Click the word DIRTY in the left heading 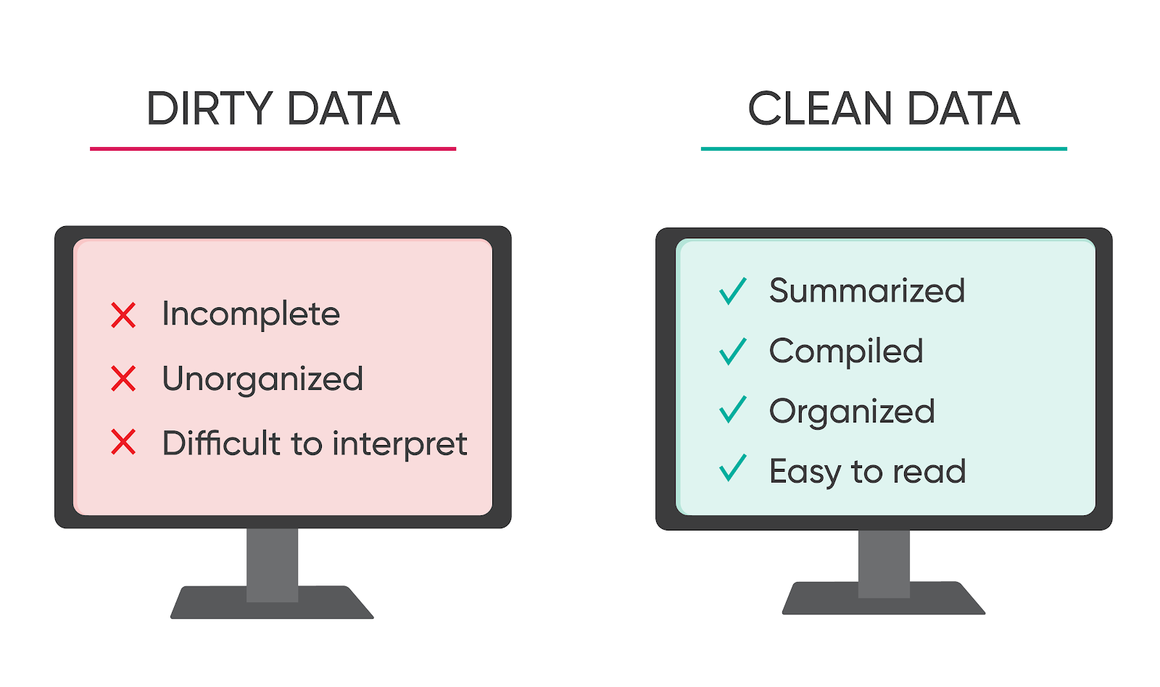pyautogui.click(x=210, y=108)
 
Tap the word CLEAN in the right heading pyautogui.click(x=819, y=108)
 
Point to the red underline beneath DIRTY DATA pyautogui.click(x=273, y=149)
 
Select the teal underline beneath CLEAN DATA pyautogui.click(x=884, y=149)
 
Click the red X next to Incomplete pyautogui.click(x=123, y=315)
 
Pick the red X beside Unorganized pyautogui.click(x=123, y=378)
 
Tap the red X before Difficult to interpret pyautogui.click(x=123, y=442)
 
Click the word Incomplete pyautogui.click(x=251, y=315)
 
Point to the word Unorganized pyautogui.click(x=262, y=379)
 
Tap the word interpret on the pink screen pyautogui.click(x=399, y=444)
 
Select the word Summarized pyautogui.click(x=867, y=291)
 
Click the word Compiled pyautogui.click(x=846, y=351)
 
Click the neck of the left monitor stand pyautogui.click(x=273, y=565)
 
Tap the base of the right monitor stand pyautogui.click(x=884, y=599)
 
